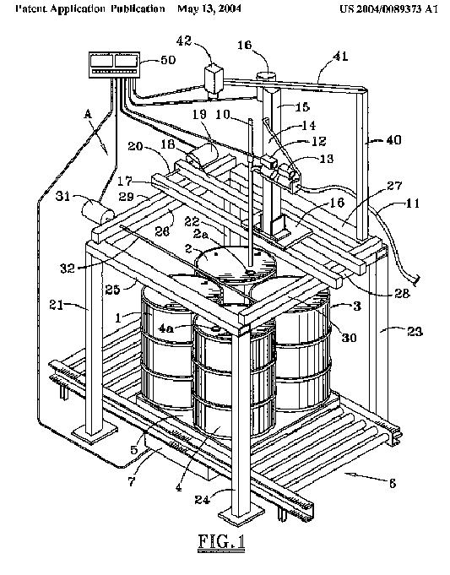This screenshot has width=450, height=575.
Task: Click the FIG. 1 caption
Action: [221, 542]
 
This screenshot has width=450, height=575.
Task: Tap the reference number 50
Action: [168, 59]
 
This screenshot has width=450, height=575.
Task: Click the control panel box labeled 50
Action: [115, 64]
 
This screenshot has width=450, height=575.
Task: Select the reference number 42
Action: [184, 41]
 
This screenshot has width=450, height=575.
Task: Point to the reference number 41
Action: [340, 56]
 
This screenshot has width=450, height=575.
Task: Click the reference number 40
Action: [393, 139]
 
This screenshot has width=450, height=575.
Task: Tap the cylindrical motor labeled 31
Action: [98, 211]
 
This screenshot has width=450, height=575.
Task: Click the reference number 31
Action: [62, 197]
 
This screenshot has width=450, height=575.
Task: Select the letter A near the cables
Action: [88, 115]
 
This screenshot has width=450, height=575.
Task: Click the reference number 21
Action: [57, 305]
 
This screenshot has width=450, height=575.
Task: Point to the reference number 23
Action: [415, 332]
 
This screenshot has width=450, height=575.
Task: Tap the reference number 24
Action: [202, 499]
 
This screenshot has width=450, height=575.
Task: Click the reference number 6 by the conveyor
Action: [393, 483]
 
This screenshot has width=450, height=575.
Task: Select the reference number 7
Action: [132, 480]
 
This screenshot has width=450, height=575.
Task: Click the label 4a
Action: [165, 328]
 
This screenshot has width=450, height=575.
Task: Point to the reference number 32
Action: [68, 268]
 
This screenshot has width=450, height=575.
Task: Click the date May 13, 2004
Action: [209, 8]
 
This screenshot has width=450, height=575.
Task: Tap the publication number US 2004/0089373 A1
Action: [388, 8]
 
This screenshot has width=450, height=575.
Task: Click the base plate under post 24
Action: [241, 517]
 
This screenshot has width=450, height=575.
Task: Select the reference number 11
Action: [413, 203]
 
